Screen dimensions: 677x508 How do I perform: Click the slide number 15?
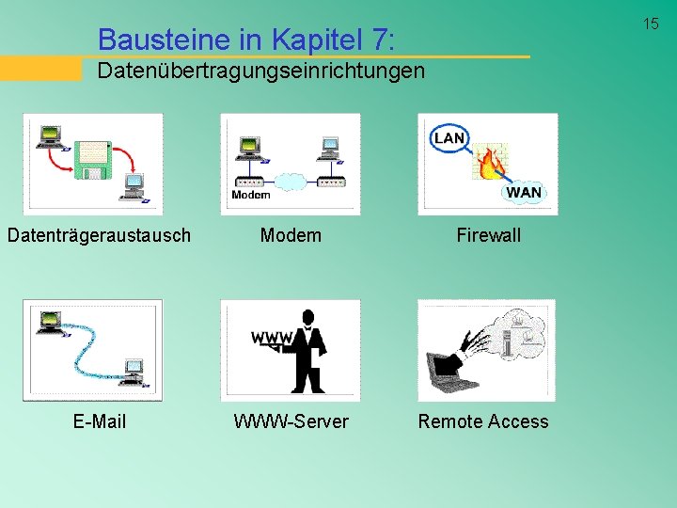(x=651, y=24)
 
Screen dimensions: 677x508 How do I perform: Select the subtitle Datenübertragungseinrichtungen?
(x=261, y=71)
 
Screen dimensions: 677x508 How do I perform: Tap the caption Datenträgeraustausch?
(x=99, y=235)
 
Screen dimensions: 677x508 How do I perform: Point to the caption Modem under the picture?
(x=291, y=235)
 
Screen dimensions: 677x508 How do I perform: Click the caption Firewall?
(x=488, y=235)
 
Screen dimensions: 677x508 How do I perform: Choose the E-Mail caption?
(x=99, y=421)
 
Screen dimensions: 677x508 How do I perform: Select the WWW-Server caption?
(x=291, y=421)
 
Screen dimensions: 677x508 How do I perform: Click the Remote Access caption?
(x=483, y=421)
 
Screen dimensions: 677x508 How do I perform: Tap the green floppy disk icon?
(x=93, y=161)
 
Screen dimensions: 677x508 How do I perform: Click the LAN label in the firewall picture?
(x=449, y=138)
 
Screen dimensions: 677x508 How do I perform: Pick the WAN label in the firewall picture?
(x=524, y=192)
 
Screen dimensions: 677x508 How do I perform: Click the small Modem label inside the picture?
(x=250, y=195)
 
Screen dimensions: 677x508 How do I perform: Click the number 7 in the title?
(x=378, y=40)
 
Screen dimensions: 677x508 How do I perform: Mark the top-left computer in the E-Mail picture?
(x=47, y=320)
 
